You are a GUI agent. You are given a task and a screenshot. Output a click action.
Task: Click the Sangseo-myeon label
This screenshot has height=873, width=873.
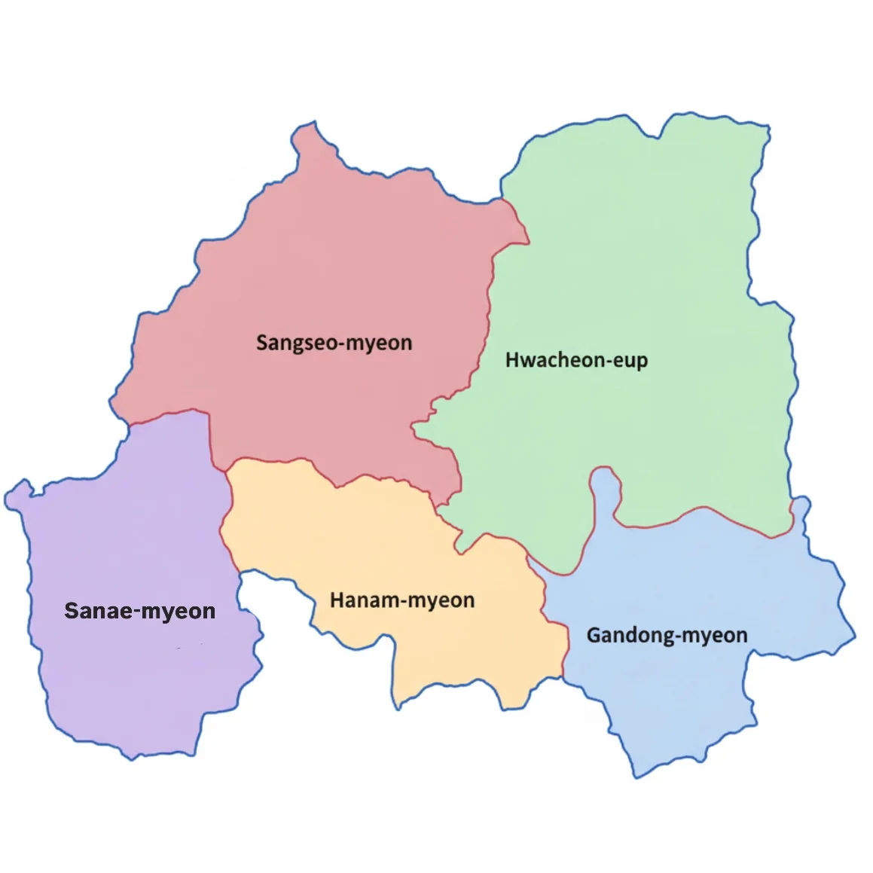pyautogui.click(x=334, y=343)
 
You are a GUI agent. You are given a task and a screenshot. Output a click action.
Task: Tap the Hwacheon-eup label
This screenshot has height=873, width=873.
pyautogui.click(x=576, y=360)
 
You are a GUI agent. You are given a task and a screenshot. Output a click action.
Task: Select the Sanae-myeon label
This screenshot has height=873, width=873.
pyautogui.click(x=140, y=611)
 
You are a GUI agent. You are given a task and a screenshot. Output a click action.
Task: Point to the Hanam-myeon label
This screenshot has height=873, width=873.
pyautogui.click(x=402, y=600)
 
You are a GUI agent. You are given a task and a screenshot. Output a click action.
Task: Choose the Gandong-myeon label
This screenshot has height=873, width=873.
pyautogui.click(x=667, y=635)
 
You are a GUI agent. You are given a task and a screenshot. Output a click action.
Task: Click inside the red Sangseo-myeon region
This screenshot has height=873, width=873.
pyautogui.click(x=316, y=271)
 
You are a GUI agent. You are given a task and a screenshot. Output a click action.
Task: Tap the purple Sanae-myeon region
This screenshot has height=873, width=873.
pyautogui.click(x=128, y=678)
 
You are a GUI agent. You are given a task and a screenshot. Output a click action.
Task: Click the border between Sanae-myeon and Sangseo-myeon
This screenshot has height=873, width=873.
pyautogui.click(x=169, y=415)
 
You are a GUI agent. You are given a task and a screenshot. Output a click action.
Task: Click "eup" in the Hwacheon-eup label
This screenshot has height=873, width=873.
pyautogui.click(x=630, y=362)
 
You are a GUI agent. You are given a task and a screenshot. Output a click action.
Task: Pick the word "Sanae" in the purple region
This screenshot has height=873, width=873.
pyautogui.click(x=98, y=611)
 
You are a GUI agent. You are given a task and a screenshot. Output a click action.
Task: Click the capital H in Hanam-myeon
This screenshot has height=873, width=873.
pyautogui.click(x=337, y=600)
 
